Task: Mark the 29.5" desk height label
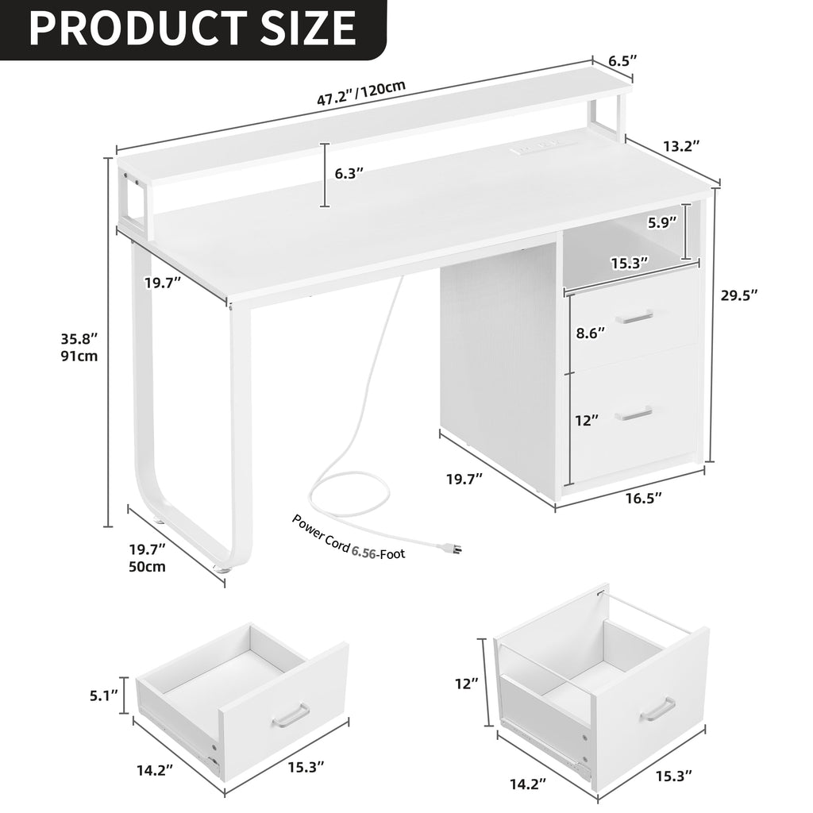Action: point(739,295)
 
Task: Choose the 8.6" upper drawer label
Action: point(590,333)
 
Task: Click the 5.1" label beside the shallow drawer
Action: point(103,696)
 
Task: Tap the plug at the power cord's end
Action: point(453,548)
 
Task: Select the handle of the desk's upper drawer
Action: point(634,317)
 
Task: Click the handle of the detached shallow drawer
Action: point(291,715)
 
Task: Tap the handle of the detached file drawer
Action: point(657,709)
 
